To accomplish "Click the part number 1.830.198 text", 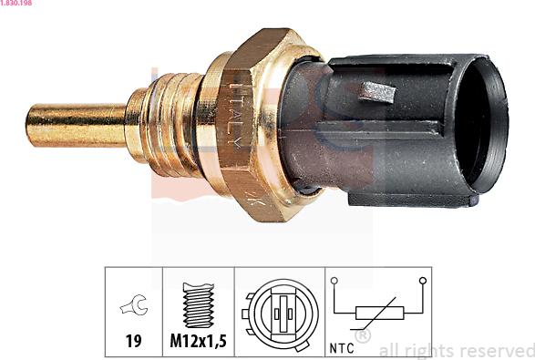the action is click(16, 3).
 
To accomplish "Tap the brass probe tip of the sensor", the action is click(76, 125).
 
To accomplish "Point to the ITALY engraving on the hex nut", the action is click(236, 114).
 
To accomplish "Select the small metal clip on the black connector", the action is click(377, 91).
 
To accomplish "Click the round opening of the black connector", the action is click(480, 125).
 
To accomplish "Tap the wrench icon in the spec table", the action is click(134, 304).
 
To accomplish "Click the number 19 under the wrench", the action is click(133, 341).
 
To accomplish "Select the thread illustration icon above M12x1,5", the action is click(199, 305).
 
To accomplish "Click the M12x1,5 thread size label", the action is click(199, 341).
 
